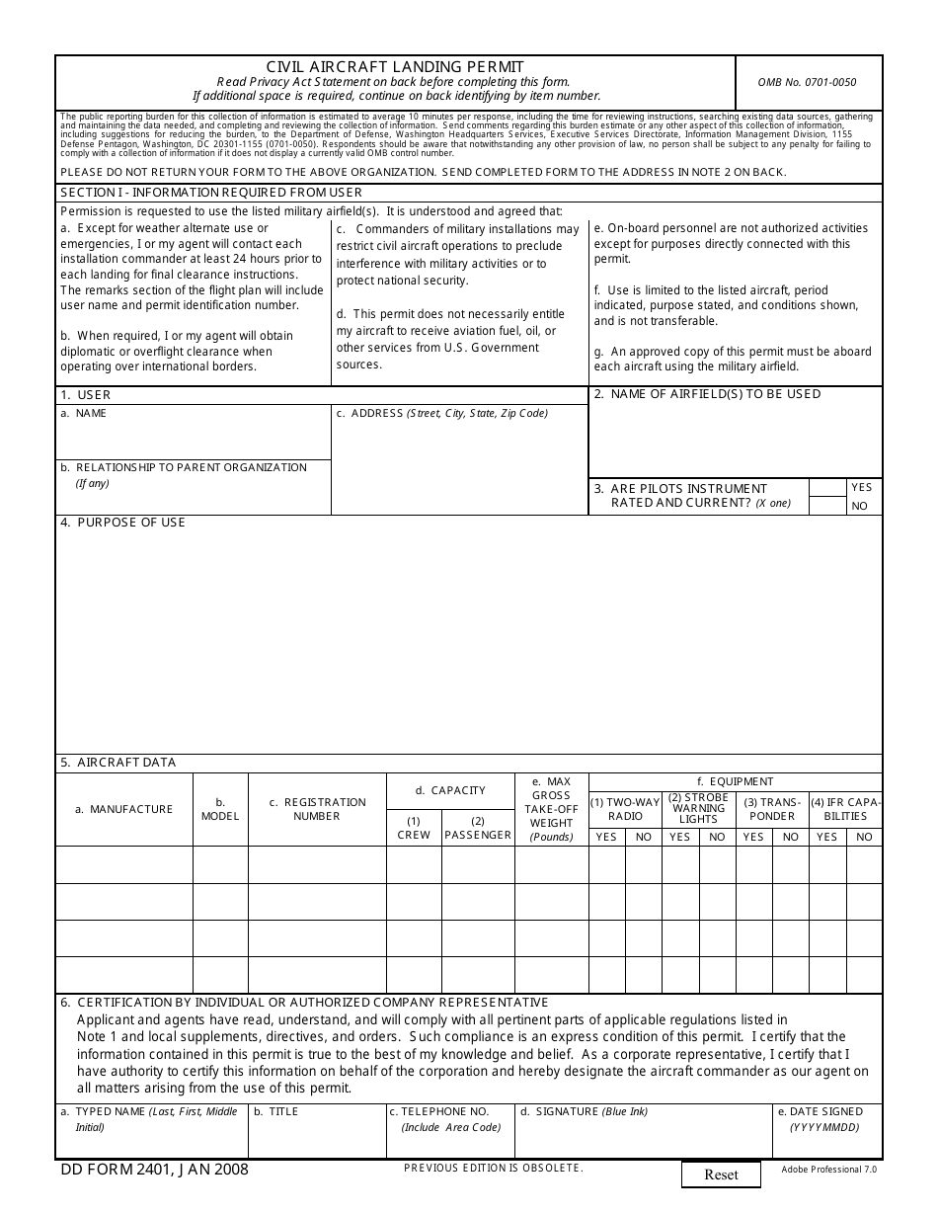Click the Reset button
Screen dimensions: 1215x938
pyautogui.click(x=721, y=1174)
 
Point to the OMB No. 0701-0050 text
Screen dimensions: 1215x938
pyautogui.click(x=807, y=82)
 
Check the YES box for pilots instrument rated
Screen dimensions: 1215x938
pyautogui.click(x=827, y=488)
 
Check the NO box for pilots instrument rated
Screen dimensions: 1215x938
pyautogui.click(x=827, y=506)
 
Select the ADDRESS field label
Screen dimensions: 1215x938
pyautogui.click(x=441, y=414)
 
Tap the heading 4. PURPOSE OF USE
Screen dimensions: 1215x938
pyautogui.click(x=122, y=523)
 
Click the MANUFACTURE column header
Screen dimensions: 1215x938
pyautogui.click(x=123, y=809)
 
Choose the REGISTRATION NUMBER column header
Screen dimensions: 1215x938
pyautogui.click(x=316, y=809)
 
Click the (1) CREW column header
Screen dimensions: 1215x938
pyautogui.click(x=413, y=828)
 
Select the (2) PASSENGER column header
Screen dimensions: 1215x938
pyautogui.click(x=478, y=828)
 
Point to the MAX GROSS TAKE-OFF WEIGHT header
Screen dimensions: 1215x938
pyautogui.click(x=551, y=809)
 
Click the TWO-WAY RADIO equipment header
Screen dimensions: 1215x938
pyautogui.click(x=625, y=809)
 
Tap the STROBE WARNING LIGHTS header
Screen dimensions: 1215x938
pyautogui.click(x=698, y=808)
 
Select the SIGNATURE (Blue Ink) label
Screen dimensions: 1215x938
pyautogui.click(x=584, y=1112)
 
